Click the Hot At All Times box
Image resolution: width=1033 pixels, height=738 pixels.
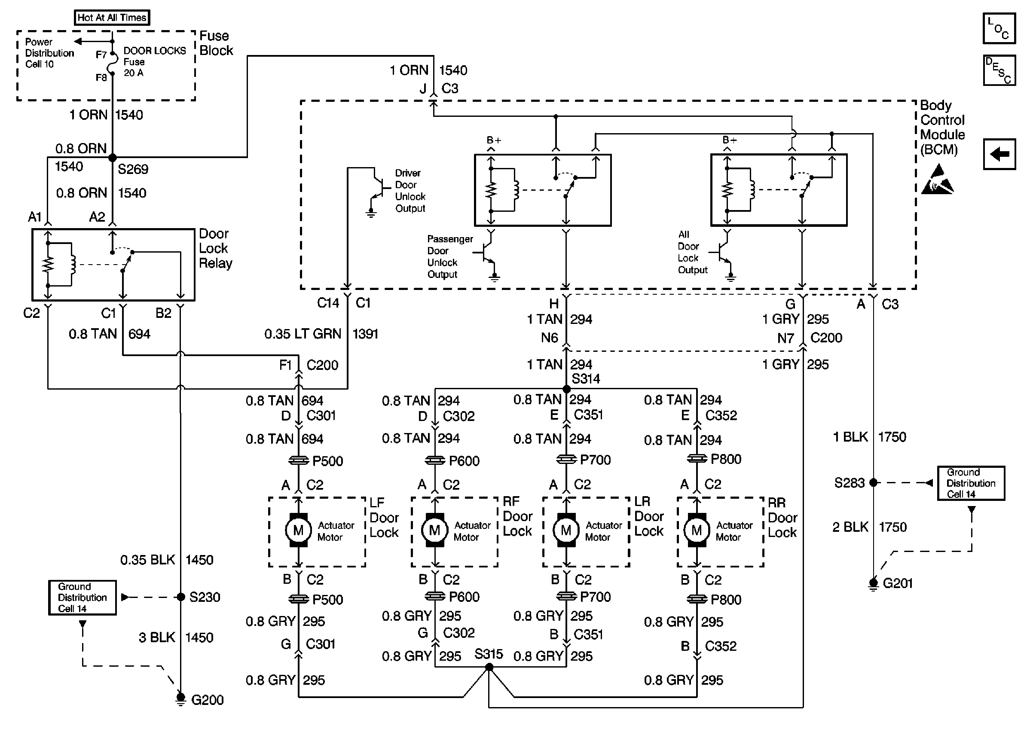click(112, 18)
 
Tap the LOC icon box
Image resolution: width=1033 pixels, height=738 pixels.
click(999, 28)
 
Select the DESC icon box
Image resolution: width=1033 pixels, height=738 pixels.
click(999, 70)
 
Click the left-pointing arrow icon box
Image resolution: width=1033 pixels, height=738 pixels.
click(999, 154)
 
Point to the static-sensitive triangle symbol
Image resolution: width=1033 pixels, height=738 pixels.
click(937, 180)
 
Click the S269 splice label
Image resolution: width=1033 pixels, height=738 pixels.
click(133, 170)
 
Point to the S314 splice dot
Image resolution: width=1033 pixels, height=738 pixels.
click(566, 389)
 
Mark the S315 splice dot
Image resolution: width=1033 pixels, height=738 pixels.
click(489, 667)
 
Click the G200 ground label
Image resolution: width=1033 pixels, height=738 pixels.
click(207, 700)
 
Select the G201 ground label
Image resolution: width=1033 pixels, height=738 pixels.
click(898, 583)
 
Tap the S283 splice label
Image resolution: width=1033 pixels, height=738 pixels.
click(849, 482)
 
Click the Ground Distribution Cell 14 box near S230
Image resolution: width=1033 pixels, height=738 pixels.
click(82, 598)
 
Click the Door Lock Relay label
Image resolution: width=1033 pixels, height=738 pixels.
click(215, 249)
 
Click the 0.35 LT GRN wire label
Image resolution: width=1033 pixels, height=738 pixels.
click(302, 334)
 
